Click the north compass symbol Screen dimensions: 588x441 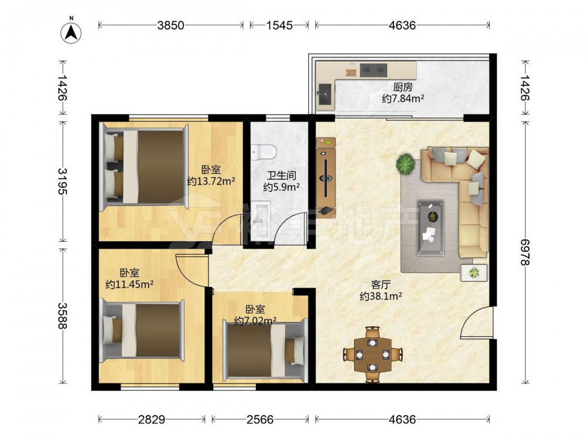pyautogui.click(x=71, y=32)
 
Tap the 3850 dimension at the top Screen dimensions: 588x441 pyautogui.click(x=171, y=25)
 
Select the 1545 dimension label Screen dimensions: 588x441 pyautogui.click(x=279, y=25)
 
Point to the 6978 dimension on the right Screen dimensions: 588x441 pyautogui.click(x=525, y=252)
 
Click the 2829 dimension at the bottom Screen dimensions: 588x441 pyautogui.click(x=152, y=419)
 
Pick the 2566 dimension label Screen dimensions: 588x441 pyautogui.click(x=260, y=419)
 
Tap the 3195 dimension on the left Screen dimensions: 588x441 pyautogui.click(x=62, y=181)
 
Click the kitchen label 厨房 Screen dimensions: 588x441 pyautogui.click(x=403, y=88)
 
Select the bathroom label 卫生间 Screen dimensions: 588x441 pyautogui.click(x=281, y=175)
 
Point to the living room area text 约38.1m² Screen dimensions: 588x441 pyautogui.click(x=381, y=296)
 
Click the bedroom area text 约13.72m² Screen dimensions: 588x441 pyautogui.click(x=211, y=182)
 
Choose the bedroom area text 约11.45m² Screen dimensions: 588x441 pyautogui.click(x=129, y=284)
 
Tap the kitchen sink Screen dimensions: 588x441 pyautogui.click(x=325, y=93)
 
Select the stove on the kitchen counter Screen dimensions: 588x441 pyautogui.click(x=373, y=70)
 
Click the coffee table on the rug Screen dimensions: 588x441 pyautogui.click(x=431, y=228)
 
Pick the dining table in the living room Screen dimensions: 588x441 pyautogui.click(x=373, y=354)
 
